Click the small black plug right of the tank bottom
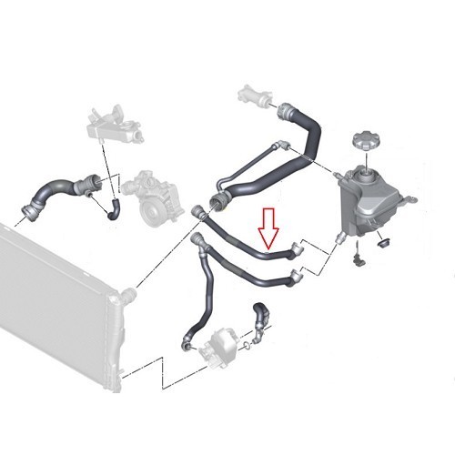[x=382, y=242]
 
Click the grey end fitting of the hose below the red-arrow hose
[x=295, y=274]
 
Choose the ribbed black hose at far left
[x=55, y=193]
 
